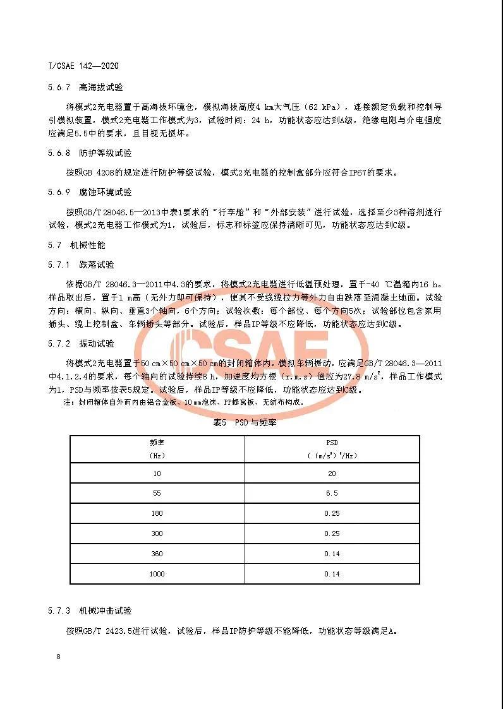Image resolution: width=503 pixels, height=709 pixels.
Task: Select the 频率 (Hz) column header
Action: click(x=157, y=448)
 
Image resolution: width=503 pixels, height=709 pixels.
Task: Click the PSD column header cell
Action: click(x=332, y=448)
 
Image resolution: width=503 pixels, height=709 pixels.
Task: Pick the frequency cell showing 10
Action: click(x=157, y=473)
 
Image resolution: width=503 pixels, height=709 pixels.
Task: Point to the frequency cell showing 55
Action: click(x=157, y=493)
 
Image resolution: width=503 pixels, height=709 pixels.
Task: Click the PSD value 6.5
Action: click(x=332, y=493)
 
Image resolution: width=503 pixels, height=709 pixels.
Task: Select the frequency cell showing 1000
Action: click(x=157, y=574)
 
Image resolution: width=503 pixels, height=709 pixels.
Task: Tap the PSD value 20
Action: click(x=332, y=473)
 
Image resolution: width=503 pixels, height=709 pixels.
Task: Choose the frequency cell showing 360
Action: click(x=157, y=554)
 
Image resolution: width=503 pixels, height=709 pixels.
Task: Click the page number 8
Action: click(x=58, y=657)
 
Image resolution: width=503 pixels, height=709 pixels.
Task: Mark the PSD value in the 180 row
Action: click(x=332, y=513)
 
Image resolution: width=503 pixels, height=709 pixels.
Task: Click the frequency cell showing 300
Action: click(x=157, y=533)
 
